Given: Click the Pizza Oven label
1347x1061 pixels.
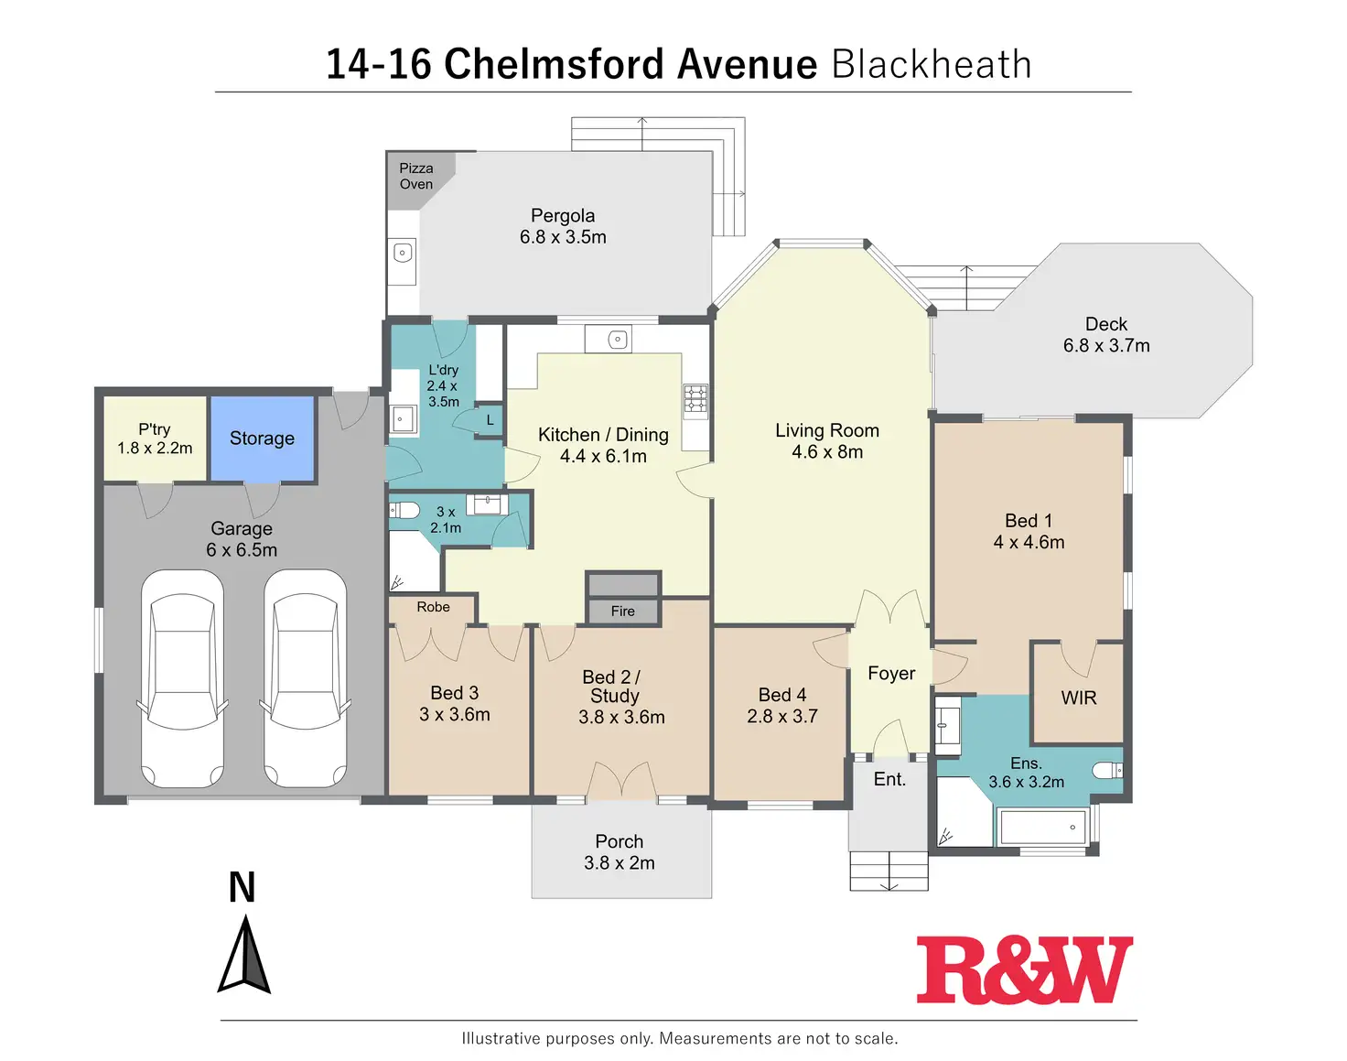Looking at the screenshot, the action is pyautogui.click(x=416, y=176).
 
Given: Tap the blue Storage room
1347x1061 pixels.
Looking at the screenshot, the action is pyautogui.click(x=263, y=438).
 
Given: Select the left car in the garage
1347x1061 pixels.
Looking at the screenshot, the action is pyautogui.click(x=181, y=677).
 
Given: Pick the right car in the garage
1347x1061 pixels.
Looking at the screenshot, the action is pyautogui.click(x=305, y=677).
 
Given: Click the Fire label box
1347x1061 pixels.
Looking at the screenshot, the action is pyautogui.click(x=622, y=611).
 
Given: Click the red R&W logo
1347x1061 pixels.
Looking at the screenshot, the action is pyautogui.click(x=1024, y=969).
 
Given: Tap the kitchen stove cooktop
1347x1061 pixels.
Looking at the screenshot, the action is pyautogui.click(x=695, y=399).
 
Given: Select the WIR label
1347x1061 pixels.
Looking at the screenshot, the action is pyautogui.click(x=1079, y=698).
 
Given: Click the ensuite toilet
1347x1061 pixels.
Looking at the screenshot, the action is pyautogui.click(x=1110, y=770).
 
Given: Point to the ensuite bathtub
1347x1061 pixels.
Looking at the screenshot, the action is pyautogui.click(x=1044, y=828).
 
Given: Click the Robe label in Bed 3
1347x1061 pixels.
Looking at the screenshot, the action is pyautogui.click(x=433, y=607).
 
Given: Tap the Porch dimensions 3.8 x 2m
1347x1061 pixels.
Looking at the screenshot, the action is pyautogui.click(x=620, y=862).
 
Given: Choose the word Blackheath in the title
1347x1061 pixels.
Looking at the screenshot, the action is pyautogui.click(x=932, y=64).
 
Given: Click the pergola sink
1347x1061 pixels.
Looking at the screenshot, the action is pyautogui.click(x=403, y=253).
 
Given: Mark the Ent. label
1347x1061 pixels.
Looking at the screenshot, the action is pyautogui.click(x=889, y=779).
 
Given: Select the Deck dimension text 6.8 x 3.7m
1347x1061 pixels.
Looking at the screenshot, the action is pyautogui.click(x=1106, y=345).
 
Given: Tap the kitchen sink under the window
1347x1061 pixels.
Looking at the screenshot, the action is pyautogui.click(x=618, y=340).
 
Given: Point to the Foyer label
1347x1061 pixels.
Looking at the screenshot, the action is pyautogui.click(x=891, y=674).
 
